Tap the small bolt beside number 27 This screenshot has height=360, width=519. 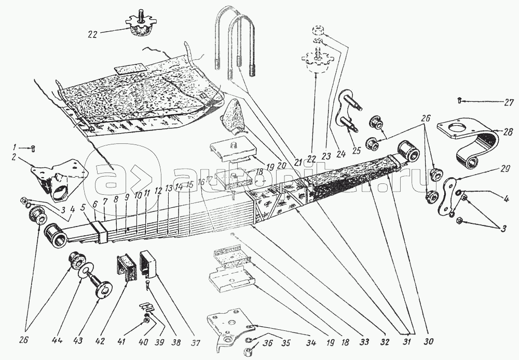(x=460, y=101)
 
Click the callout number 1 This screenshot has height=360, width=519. (x=16, y=148)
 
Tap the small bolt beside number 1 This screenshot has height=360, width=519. (x=33, y=148)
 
